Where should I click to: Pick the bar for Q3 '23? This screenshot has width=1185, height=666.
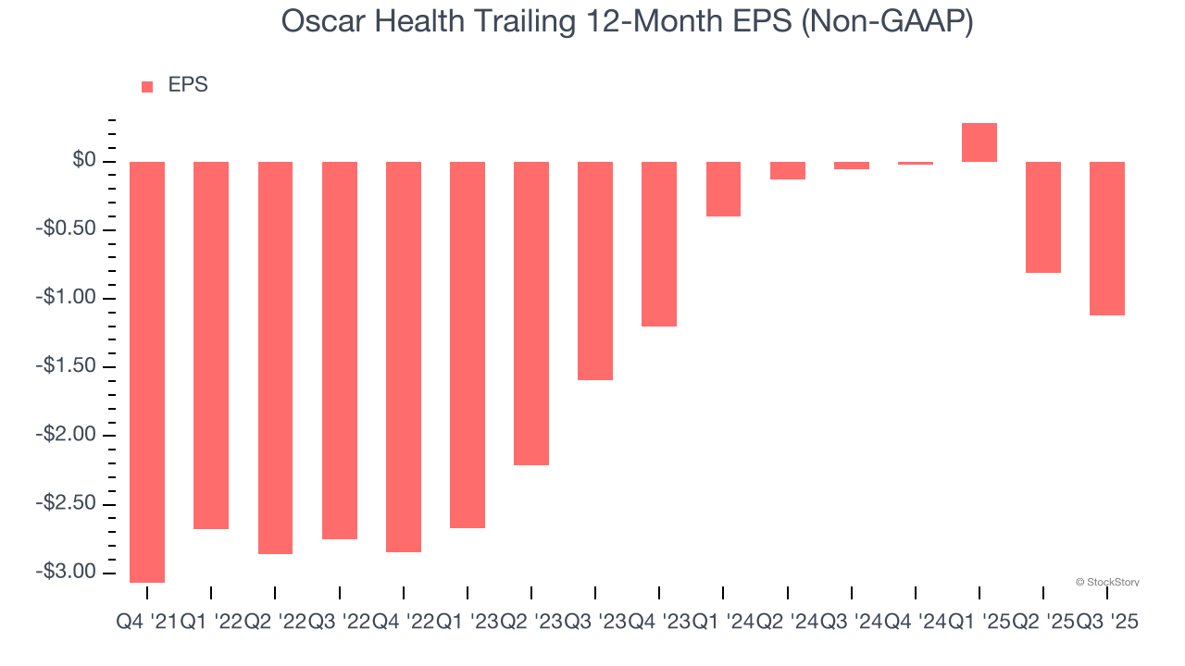tap(595, 270)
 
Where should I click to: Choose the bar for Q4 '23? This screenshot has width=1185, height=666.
tap(659, 244)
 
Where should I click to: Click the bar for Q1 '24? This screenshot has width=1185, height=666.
tap(723, 189)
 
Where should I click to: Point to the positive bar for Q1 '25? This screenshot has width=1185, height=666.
tap(979, 142)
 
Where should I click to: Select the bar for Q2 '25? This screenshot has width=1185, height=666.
tap(1043, 217)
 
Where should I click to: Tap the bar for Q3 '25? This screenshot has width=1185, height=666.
tap(1107, 239)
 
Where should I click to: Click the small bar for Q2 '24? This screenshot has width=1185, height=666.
tap(787, 170)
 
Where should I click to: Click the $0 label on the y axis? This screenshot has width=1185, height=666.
tap(85, 161)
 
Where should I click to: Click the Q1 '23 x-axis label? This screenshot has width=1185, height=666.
tap(468, 623)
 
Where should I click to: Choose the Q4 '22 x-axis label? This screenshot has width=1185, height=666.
tap(404, 623)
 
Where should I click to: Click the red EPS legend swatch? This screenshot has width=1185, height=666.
tap(147, 86)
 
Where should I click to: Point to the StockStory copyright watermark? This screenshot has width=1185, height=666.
tap(1107, 582)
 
